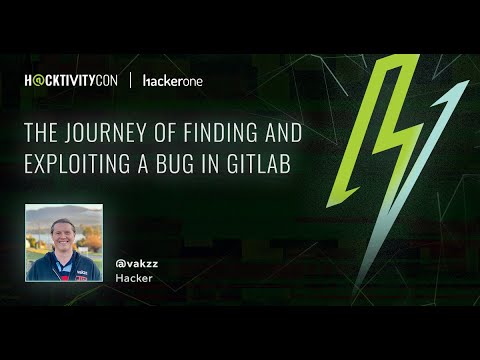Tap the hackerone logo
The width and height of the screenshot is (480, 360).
[173, 80]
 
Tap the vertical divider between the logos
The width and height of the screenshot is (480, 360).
[131, 80]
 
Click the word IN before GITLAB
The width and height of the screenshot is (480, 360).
[218, 164]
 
